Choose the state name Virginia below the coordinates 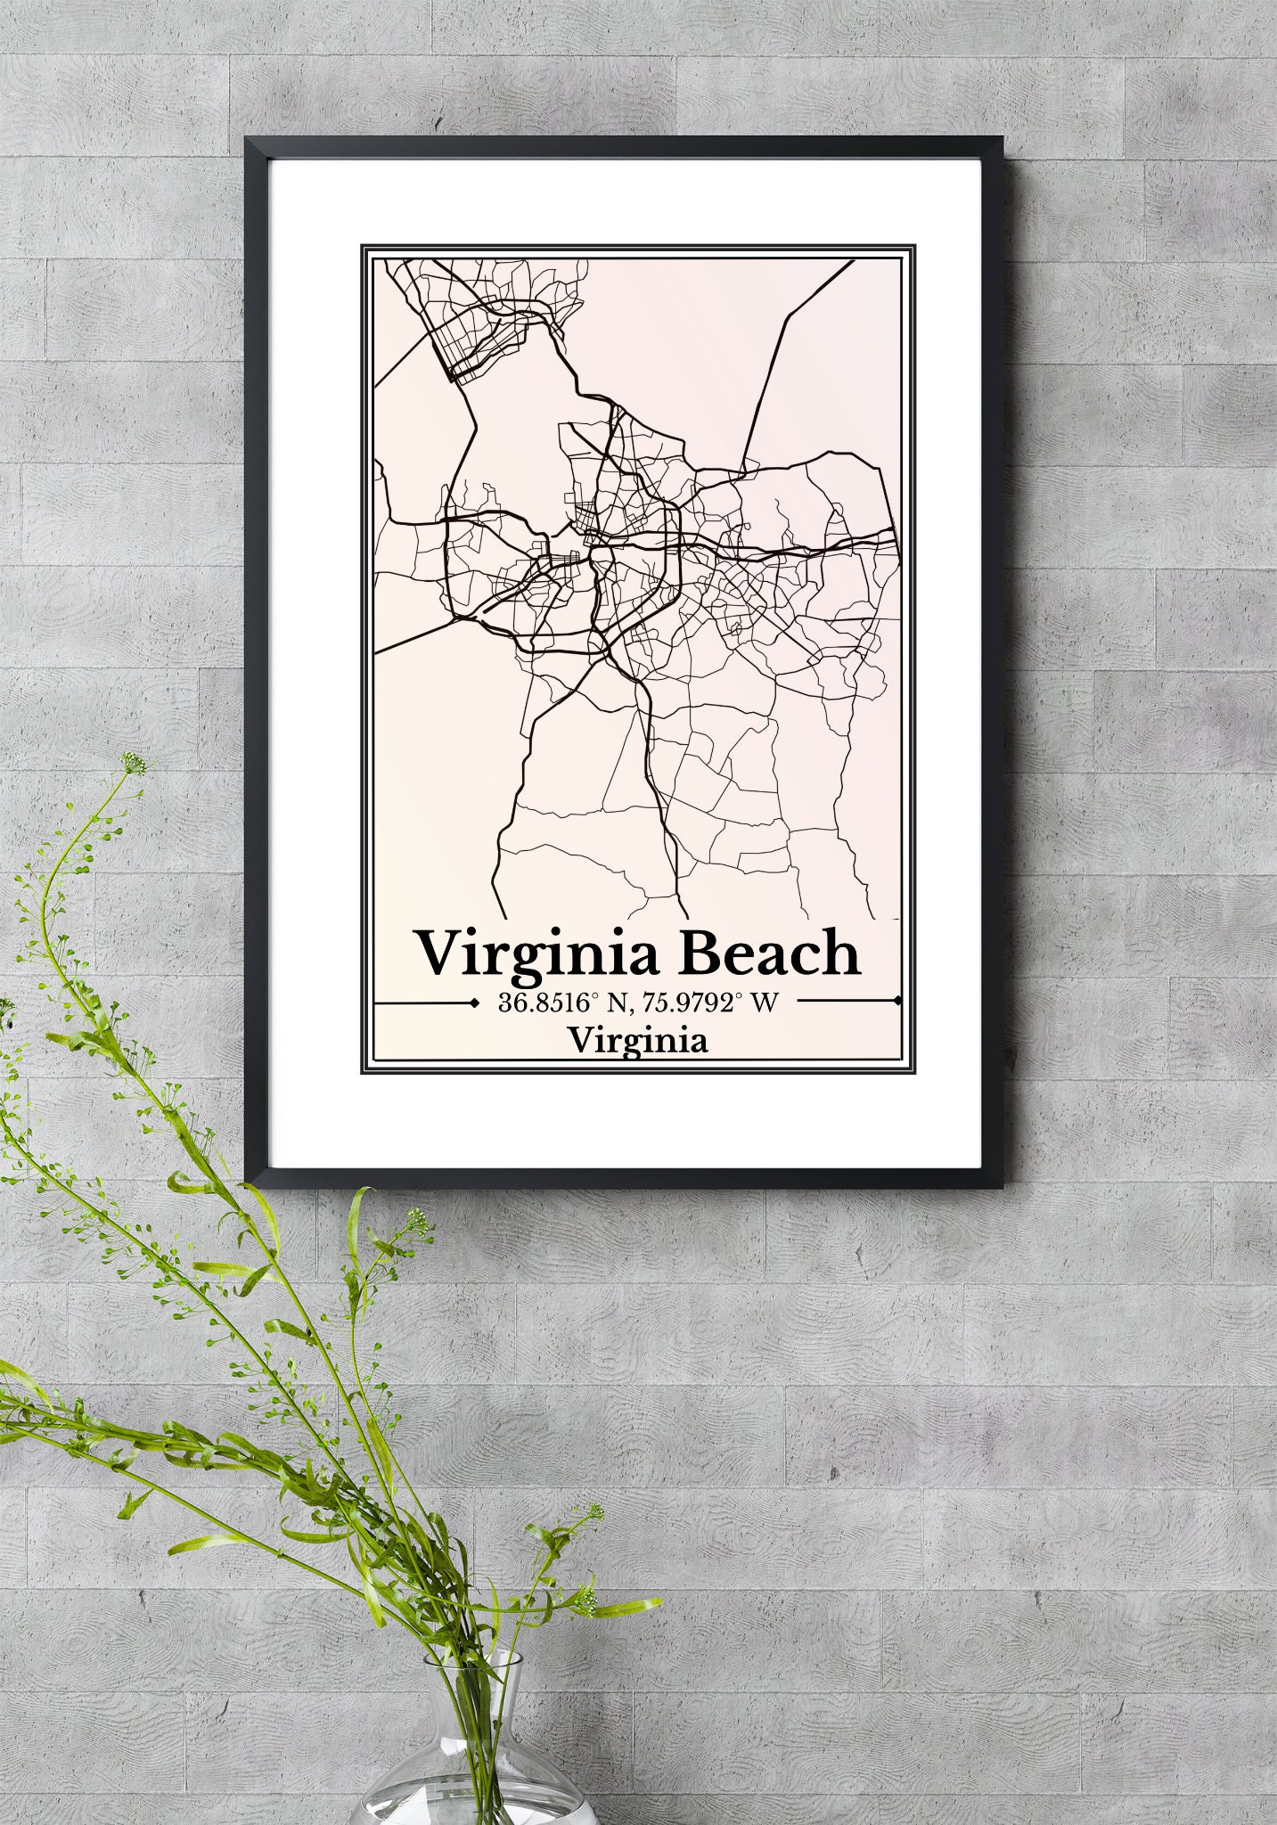pos(638,1040)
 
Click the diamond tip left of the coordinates pos(472,1003)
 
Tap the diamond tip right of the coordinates pos(897,1002)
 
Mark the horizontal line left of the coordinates pos(422,1003)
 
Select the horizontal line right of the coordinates pos(847,1002)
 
